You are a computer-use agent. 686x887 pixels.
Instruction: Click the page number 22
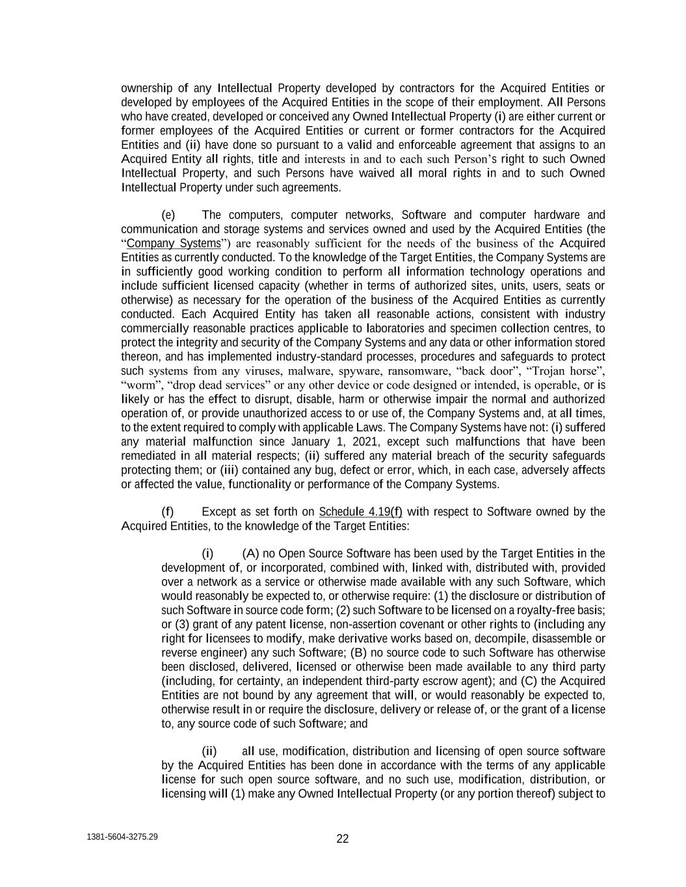coord(343,839)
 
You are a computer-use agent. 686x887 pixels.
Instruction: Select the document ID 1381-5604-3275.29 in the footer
coord(122,837)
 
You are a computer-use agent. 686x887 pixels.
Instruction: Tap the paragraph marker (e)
coord(168,215)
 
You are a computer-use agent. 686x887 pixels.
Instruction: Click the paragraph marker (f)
coord(168,512)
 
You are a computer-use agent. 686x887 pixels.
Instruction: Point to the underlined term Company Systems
coord(174,244)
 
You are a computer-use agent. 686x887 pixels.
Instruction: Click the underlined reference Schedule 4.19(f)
coord(356,512)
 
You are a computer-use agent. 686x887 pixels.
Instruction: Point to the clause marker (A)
coord(250,554)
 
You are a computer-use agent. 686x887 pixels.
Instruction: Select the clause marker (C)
coord(527,681)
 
